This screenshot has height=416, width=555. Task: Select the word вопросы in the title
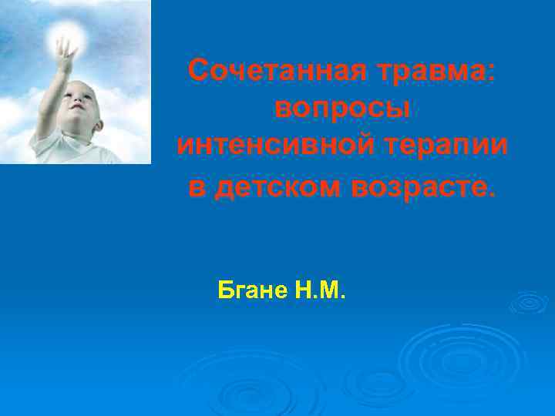click(x=342, y=109)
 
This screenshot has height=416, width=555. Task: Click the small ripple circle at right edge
click(x=529, y=303)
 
